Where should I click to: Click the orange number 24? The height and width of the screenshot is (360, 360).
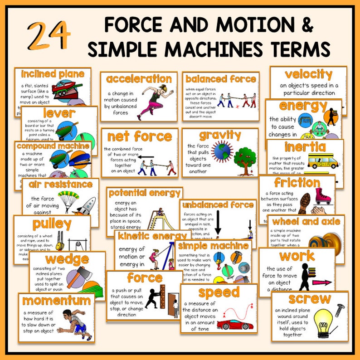click(49, 35)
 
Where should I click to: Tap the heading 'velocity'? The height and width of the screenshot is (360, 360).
click(308, 74)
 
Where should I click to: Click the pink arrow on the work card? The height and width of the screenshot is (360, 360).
click(322, 282)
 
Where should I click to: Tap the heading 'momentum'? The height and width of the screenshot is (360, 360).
click(57, 301)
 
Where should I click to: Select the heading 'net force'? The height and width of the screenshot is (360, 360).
click(136, 136)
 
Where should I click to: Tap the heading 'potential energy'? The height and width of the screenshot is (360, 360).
click(144, 193)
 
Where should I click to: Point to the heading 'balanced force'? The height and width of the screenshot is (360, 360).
click(221, 79)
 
